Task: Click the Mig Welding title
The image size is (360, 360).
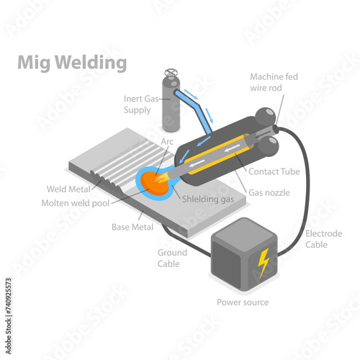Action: click(x=72, y=63)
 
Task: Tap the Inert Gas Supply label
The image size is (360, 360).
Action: click(x=141, y=104)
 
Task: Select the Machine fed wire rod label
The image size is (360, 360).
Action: click(x=274, y=82)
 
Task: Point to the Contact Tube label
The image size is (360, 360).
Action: click(x=274, y=171)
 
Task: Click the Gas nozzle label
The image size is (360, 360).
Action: click(x=269, y=192)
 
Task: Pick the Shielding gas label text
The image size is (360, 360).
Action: click(x=208, y=199)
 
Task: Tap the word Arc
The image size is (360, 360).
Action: click(x=167, y=141)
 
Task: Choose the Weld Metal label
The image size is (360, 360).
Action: click(x=68, y=189)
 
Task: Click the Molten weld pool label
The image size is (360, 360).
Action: click(x=76, y=203)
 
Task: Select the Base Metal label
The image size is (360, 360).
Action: click(x=132, y=227)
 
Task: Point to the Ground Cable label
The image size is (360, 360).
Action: click(x=172, y=258)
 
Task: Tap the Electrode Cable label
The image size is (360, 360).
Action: click(x=323, y=239)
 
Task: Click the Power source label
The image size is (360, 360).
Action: click(x=243, y=302)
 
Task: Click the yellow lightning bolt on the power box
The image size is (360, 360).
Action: click(x=263, y=263)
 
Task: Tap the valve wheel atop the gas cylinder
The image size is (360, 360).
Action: click(x=171, y=72)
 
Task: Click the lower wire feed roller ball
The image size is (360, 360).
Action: click(x=269, y=146)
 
